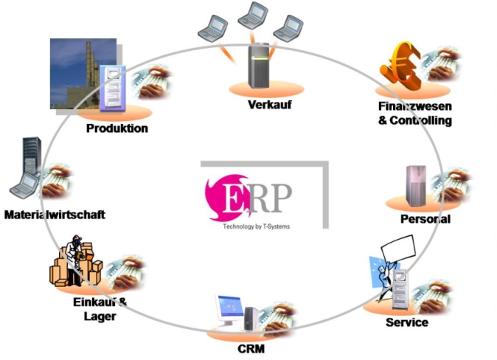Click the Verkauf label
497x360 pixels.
(x=270, y=105)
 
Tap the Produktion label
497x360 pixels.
(x=117, y=128)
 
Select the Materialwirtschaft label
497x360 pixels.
(x=55, y=215)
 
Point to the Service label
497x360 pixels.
(x=406, y=322)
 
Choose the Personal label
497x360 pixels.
(x=425, y=219)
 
